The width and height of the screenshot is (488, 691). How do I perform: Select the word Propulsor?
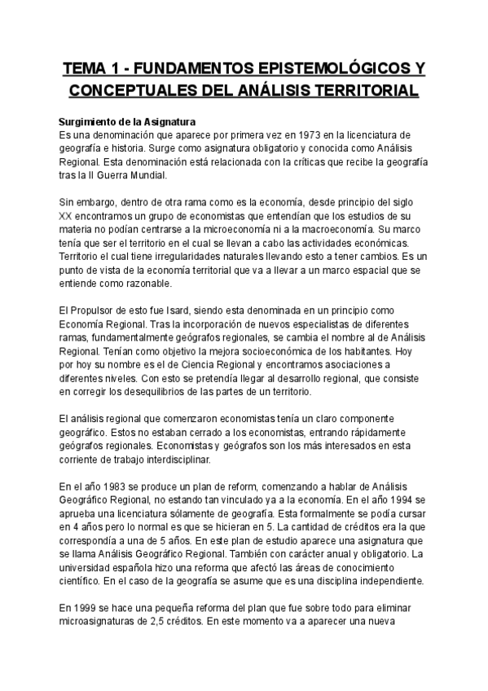pos(99,312)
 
